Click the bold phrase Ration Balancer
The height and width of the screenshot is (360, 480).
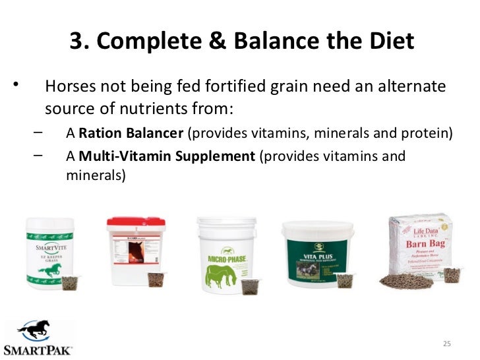click(131, 134)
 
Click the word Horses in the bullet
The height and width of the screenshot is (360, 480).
click(68, 88)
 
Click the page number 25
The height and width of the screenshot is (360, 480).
click(446, 344)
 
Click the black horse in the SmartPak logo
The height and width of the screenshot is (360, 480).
click(38, 330)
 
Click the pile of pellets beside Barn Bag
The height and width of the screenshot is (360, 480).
click(405, 281)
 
